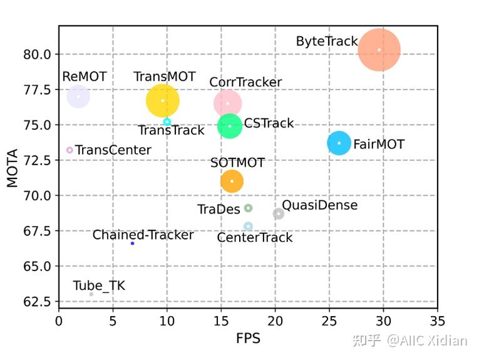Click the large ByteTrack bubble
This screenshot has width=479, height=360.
[379, 50]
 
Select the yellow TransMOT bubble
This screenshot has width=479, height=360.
[163, 101]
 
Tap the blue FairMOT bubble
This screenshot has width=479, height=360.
[339, 143]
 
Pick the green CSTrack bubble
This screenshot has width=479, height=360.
[230, 126]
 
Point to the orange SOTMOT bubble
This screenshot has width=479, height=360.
[232, 181]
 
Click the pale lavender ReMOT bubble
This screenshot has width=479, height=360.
[78, 96]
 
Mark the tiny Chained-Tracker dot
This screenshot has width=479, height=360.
[133, 243]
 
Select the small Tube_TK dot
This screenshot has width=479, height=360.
[91, 294]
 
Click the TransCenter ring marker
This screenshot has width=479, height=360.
[70, 150]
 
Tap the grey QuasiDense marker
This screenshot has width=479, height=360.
[279, 214]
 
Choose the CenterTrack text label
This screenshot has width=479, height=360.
[255, 238]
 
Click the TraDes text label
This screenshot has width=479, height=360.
[219, 209]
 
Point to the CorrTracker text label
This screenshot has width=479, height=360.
[245, 82]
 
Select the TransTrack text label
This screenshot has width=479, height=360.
[171, 130]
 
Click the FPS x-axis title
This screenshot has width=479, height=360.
[248, 339]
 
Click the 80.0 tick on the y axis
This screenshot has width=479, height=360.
[38, 54]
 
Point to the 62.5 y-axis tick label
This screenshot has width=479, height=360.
[38, 302]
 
